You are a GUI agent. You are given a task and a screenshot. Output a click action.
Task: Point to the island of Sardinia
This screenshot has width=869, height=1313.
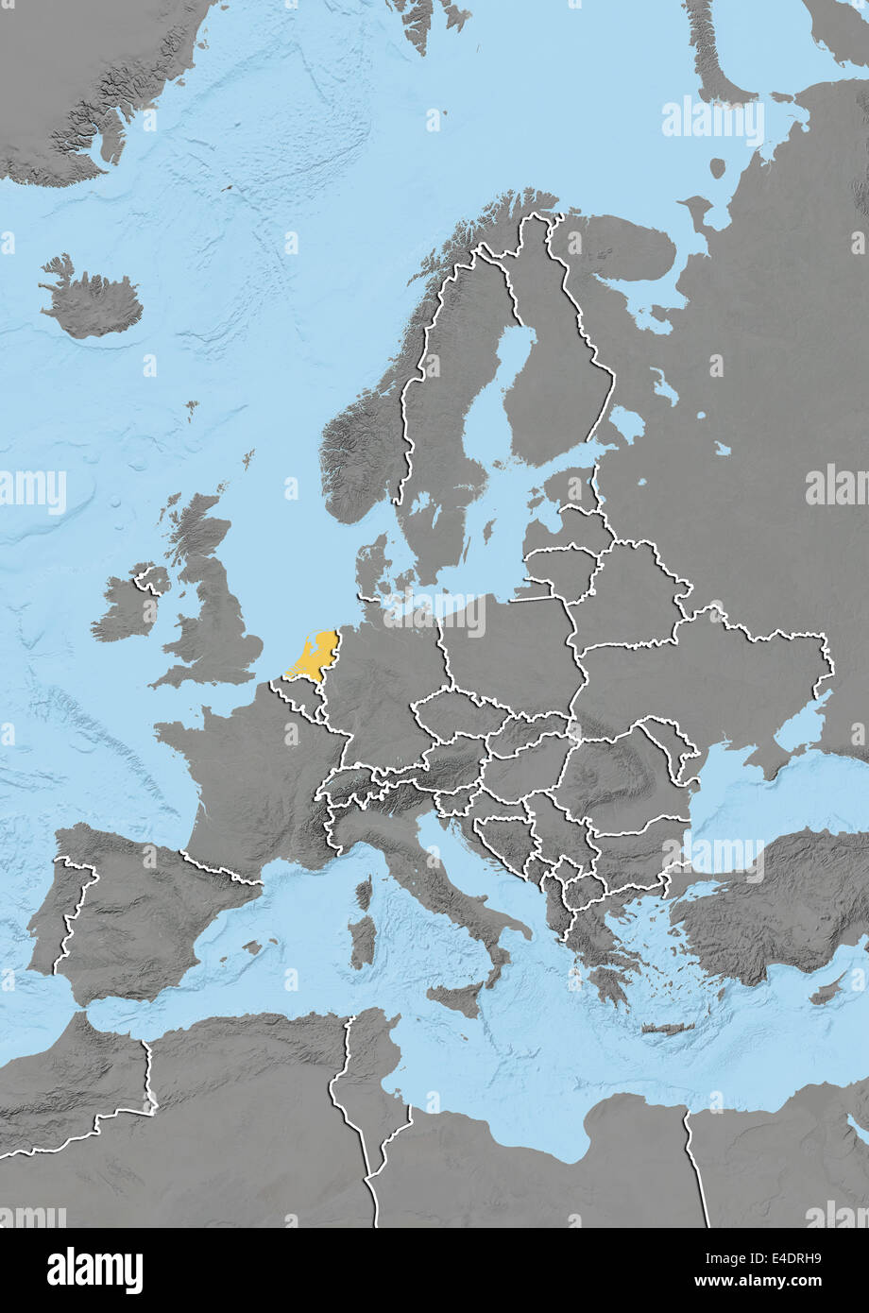[x=362, y=940]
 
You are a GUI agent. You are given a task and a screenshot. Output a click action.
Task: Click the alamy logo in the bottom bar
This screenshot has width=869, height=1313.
[x=94, y=1270]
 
